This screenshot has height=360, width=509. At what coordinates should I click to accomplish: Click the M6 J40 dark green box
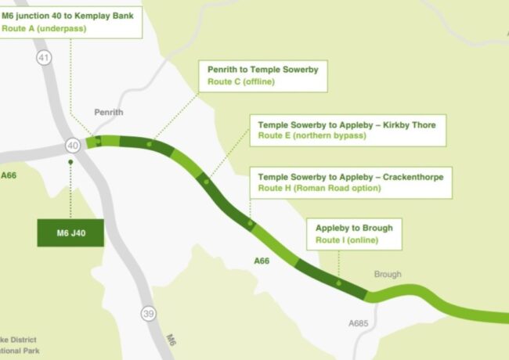coord(70,233)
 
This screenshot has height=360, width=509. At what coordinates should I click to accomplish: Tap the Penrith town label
coord(109,113)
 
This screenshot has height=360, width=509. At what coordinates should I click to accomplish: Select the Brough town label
coord(388,275)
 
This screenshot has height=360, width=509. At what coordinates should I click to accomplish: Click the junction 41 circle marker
coord(44,57)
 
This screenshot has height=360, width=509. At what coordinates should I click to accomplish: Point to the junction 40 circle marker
coord(73,146)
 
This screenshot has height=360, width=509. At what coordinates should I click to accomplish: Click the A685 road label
coord(358,322)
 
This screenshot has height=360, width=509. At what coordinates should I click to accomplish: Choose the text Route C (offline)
coord(242,81)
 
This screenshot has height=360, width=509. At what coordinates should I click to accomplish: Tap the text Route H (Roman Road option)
coord(319,188)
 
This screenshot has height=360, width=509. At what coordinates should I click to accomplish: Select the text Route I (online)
coord(347,240)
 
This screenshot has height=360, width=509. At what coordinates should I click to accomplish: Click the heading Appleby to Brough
coord(354,228)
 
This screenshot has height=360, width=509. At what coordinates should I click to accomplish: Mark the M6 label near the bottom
coord(172,340)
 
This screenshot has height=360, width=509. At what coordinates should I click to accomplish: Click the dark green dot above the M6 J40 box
coord(70,162)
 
